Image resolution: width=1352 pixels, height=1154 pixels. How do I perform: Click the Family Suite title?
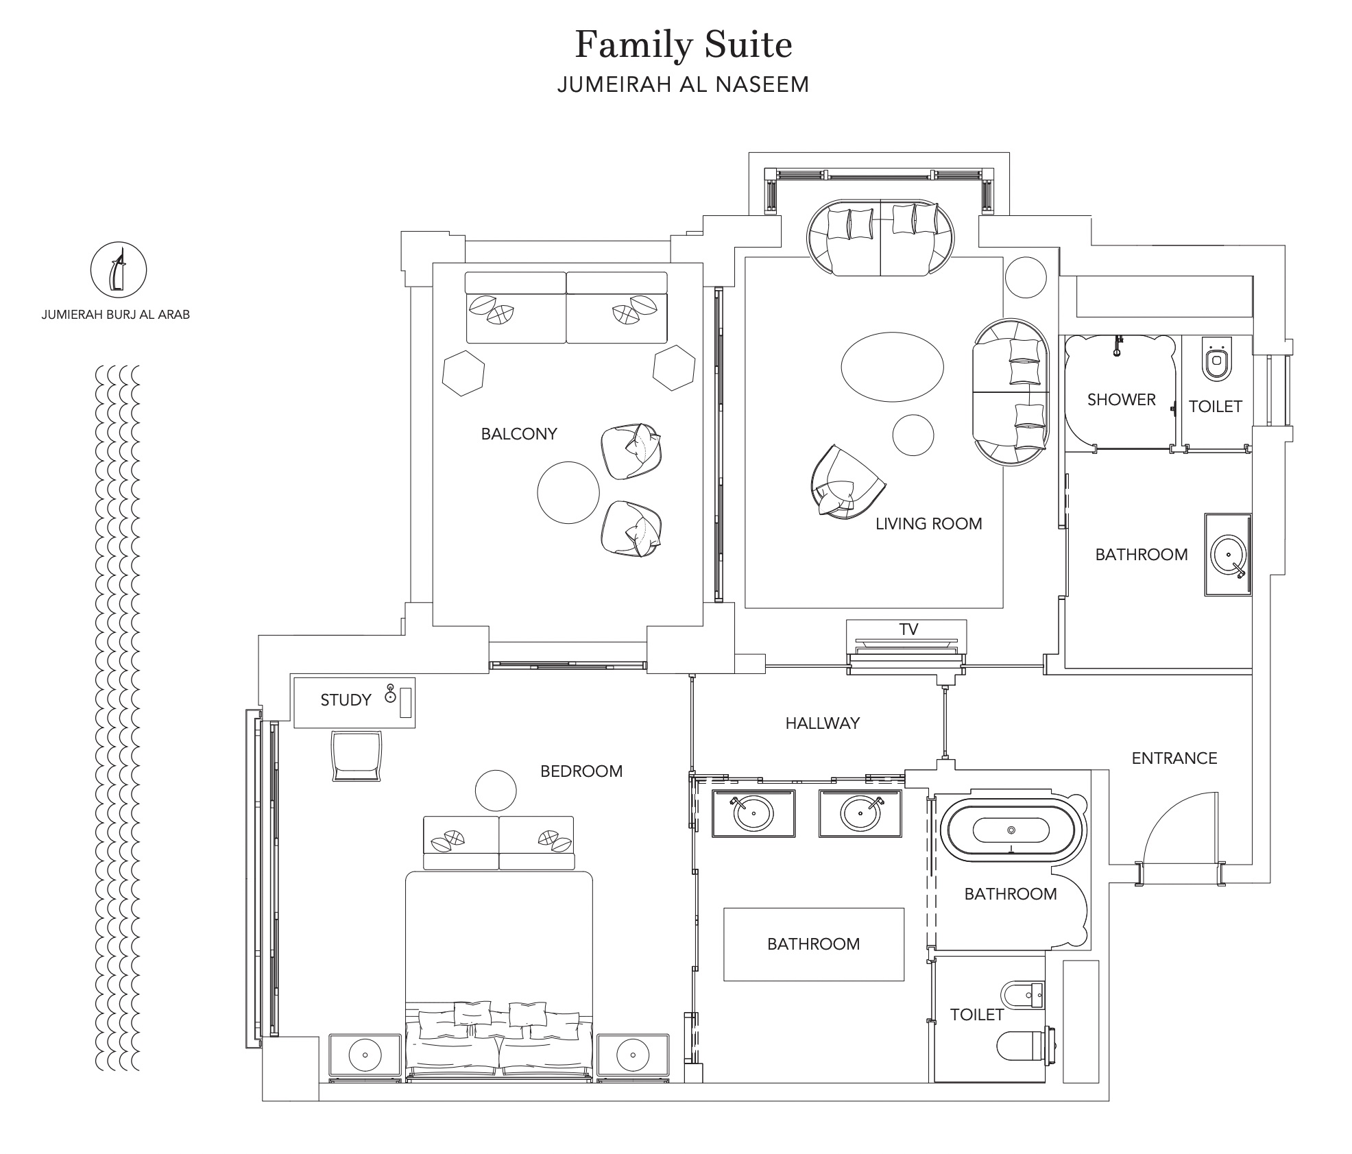click(x=684, y=45)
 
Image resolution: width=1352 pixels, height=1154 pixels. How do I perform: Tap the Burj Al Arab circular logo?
click(x=119, y=269)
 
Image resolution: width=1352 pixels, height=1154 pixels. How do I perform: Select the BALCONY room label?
click(x=519, y=433)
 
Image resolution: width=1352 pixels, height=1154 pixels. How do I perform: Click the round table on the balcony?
click(x=568, y=492)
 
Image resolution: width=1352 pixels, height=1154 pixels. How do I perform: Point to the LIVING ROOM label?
click(x=929, y=524)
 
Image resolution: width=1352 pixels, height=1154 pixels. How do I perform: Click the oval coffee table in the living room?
click(x=892, y=367)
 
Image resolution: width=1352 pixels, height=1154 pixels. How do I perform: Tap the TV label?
click(x=908, y=629)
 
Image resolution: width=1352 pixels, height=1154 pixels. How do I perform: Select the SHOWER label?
click(x=1122, y=399)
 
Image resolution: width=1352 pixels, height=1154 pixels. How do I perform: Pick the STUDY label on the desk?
click(x=346, y=700)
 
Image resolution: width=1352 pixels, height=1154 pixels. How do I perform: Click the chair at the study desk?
click(x=356, y=756)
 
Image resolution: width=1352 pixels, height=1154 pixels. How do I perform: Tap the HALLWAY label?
click(x=823, y=723)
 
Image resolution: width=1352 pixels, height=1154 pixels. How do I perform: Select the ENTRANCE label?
click(x=1174, y=758)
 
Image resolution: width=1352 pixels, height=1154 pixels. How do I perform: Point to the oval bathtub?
click(x=1011, y=830)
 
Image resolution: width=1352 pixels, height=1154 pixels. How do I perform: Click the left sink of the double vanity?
click(x=753, y=814)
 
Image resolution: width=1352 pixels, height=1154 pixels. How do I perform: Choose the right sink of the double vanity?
click(x=860, y=814)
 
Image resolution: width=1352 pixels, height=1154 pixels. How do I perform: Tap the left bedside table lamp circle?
click(x=365, y=1055)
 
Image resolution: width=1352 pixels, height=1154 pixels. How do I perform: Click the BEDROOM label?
click(x=581, y=771)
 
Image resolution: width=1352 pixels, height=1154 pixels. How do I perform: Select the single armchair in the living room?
click(x=846, y=482)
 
